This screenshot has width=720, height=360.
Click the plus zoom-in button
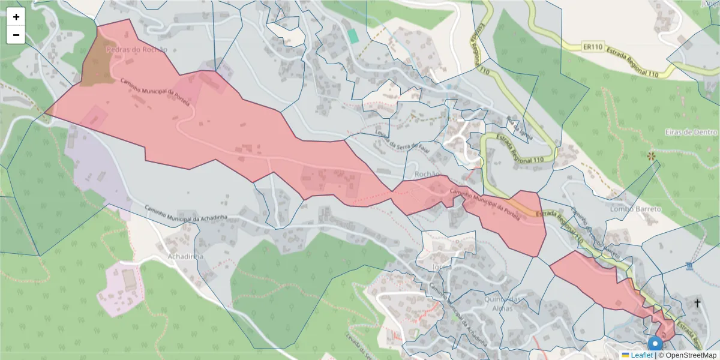pyautogui.click(x=16, y=17)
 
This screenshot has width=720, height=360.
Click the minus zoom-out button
pyautogui.click(x=16, y=35)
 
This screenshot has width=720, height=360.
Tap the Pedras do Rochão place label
pyautogui.click(x=136, y=50)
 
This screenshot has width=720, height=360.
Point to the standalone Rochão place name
pyautogui.click(x=427, y=174)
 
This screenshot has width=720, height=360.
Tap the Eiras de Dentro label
pyautogui.click(x=691, y=131)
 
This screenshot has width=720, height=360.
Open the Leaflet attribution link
pyautogui.click(x=641, y=355)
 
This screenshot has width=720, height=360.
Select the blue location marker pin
pyautogui.click(x=655, y=344)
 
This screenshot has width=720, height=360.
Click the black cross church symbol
pyautogui.click(x=697, y=303)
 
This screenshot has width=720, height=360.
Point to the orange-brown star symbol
pyautogui.click(x=651, y=156)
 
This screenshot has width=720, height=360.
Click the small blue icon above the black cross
pyautogui.click(x=689, y=265)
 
